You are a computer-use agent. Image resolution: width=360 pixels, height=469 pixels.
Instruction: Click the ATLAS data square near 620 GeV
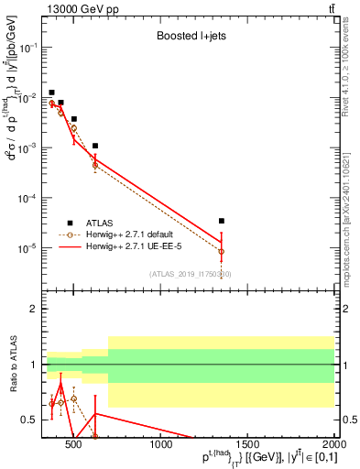[x=95, y=146]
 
